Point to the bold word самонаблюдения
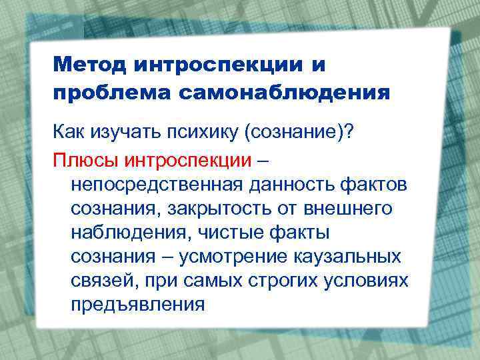[x=283, y=92]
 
